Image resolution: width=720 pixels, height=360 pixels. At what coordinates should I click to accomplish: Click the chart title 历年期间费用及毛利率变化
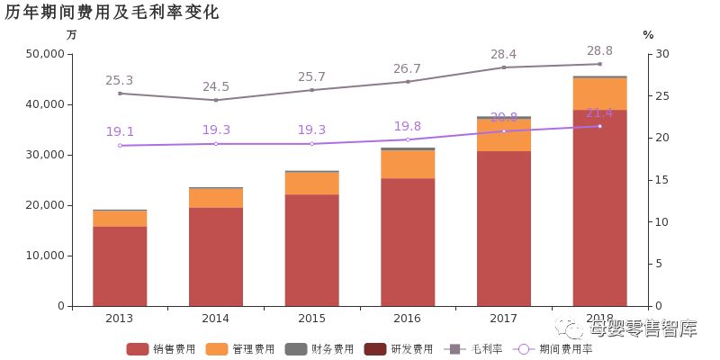pos(112,13)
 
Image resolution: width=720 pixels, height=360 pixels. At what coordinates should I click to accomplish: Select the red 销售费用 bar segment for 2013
pos(120,265)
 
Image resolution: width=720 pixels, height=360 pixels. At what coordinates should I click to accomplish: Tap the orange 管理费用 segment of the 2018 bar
pos(599,94)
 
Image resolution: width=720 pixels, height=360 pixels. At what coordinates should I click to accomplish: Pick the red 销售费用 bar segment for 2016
pos(408,241)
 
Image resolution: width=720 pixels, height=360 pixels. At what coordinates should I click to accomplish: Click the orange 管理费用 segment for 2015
pos(311,183)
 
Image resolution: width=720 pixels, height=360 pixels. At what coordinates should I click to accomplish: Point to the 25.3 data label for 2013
pos(120,80)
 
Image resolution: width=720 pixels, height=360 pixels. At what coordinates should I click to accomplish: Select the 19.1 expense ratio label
pos(120,131)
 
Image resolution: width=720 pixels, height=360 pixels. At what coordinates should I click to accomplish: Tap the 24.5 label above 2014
pos(216,86)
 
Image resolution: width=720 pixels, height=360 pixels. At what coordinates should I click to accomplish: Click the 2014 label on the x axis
pos(216,319)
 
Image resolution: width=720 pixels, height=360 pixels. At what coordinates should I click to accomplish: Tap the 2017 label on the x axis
pos(504,319)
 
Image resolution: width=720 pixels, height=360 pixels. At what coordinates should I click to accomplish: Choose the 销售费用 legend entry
pos(163,348)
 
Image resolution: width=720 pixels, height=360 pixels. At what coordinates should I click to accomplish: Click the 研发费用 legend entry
pos(400,348)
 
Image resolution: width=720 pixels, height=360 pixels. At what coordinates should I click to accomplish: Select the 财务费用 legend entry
pos(320,348)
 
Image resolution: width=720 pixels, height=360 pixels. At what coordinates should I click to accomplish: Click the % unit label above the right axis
pos(648,35)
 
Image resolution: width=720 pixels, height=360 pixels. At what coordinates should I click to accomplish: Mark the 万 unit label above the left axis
pos(72,35)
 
